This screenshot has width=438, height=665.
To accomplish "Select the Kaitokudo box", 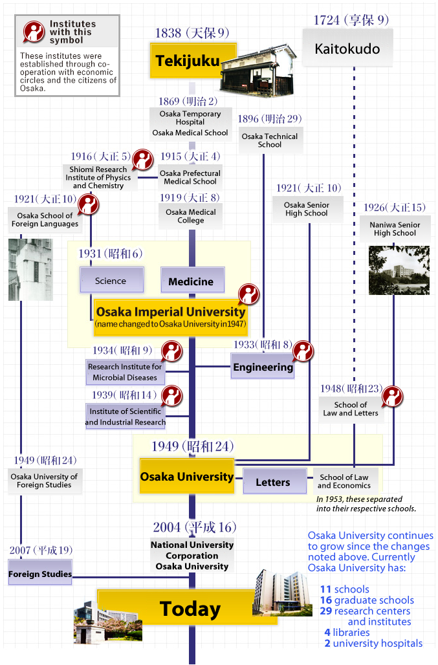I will [x=347, y=49].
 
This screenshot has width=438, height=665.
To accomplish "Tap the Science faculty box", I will [x=111, y=281].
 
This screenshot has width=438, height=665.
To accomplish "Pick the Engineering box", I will [x=263, y=367].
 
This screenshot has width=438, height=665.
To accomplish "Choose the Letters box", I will [x=272, y=482].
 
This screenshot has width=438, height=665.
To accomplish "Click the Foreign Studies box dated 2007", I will [x=40, y=574].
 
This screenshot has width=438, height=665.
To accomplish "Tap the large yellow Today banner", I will [x=190, y=609].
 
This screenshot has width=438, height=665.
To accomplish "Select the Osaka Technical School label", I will [x=270, y=140].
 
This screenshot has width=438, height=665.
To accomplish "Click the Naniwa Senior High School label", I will [x=395, y=229].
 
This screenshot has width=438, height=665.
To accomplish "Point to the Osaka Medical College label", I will [x=191, y=216].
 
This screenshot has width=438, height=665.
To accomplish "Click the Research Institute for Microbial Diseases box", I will [x=125, y=372].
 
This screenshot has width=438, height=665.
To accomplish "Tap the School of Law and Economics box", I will [x=344, y=481].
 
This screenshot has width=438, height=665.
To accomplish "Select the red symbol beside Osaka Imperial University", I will [x=248, y=294].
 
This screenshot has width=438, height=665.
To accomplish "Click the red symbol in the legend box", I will [x=33, y=31].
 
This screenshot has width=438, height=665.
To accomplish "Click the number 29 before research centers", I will [x=325, y=611].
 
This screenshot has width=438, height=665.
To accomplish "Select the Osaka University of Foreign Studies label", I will [x=44, y=481].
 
